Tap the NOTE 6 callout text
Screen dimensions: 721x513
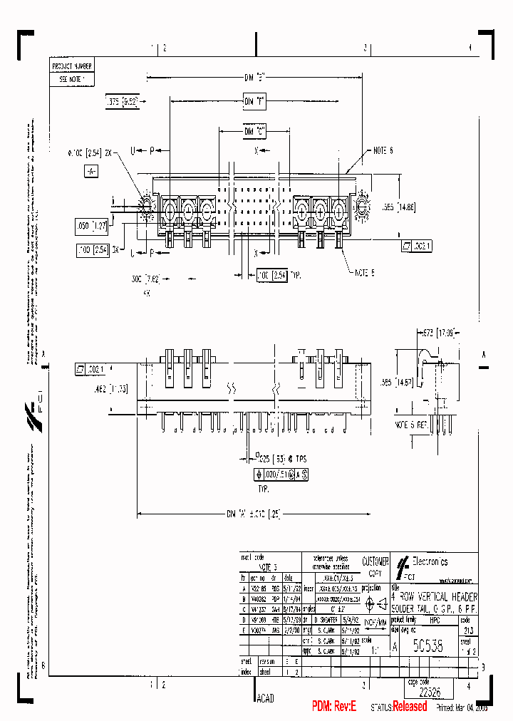point(383,150)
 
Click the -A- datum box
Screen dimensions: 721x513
point(90,172)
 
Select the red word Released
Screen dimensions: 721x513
point(410,707)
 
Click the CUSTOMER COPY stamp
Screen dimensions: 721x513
point(375,567)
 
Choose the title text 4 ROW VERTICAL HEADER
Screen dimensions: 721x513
point(435,596)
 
